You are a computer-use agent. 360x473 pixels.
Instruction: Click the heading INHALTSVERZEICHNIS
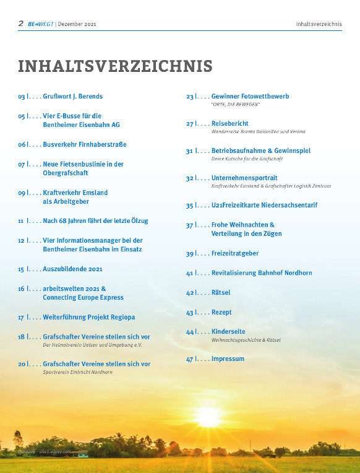click(x=115, y=66)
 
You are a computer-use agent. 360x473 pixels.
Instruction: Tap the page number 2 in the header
click(x=20, y=24)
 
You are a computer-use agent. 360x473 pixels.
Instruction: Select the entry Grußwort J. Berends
click(x=72, y=97)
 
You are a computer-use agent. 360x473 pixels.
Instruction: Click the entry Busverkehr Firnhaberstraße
click(x=84, y=144)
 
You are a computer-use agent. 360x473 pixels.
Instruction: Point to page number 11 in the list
click(x=21, y=220)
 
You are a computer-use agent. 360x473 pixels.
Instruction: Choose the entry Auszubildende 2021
click(x=72, y=269)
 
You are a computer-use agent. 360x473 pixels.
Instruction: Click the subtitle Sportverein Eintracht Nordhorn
click(x=77, y=372)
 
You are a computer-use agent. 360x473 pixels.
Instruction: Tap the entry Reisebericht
click(x=229, y=124)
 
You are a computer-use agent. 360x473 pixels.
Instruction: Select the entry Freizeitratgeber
click(x=235, y=254)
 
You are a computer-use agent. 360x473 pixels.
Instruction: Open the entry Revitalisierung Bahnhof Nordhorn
click(x=262, y=273)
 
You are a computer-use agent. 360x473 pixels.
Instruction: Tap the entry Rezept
click(x=221, y=313)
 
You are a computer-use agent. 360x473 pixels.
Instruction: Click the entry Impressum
click(x=228, y=359)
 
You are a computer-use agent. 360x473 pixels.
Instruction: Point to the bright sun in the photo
click(x=208, y=415)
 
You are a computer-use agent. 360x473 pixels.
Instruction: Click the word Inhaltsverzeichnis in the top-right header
click(x=319, y=24)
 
